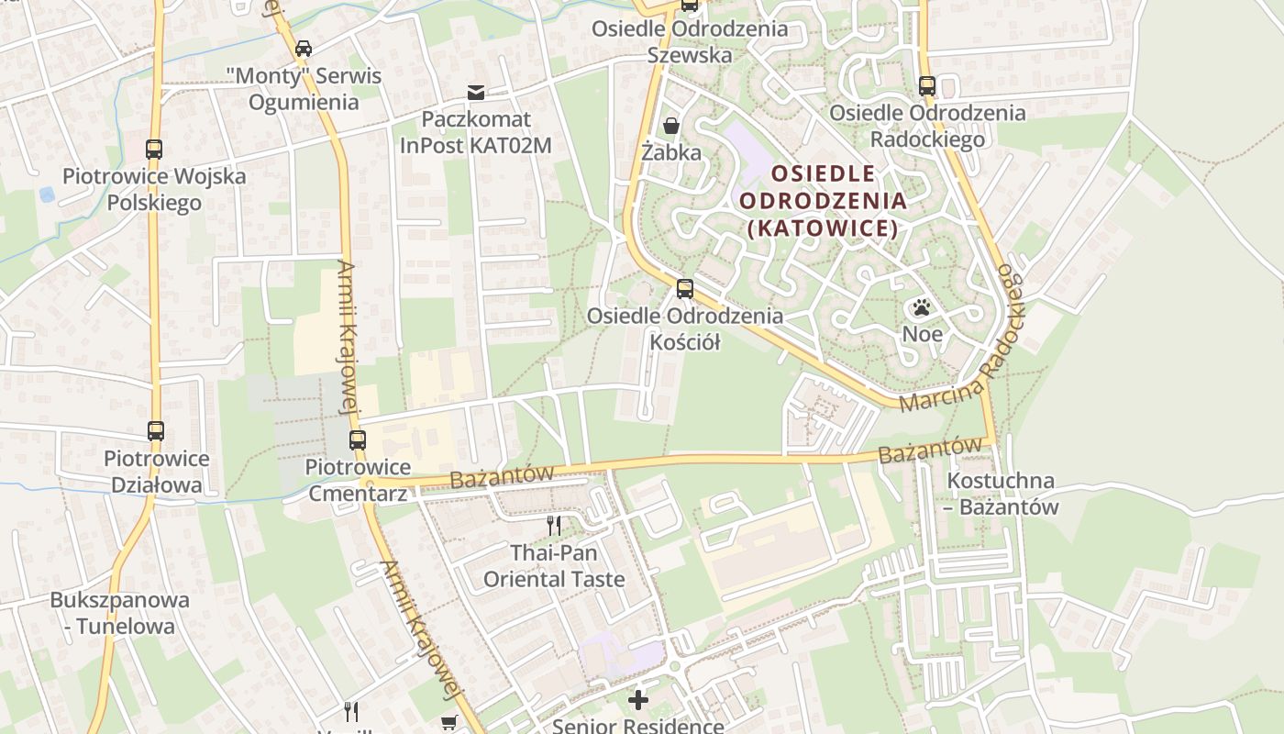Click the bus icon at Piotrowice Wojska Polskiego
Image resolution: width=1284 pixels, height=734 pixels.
(x=154, y=149)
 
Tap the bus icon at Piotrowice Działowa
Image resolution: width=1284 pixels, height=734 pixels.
(x=156, y=430)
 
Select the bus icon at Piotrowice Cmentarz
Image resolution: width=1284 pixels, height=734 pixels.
(x=358, y=439)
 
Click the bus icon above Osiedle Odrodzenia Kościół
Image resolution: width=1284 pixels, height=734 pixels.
(x=684, y=289)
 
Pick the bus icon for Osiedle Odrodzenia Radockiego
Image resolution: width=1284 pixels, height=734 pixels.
(x=927, y=86)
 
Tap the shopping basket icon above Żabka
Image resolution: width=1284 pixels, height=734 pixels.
(x=671, y=126)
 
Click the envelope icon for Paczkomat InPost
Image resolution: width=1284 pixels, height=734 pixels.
(x=476, y=92)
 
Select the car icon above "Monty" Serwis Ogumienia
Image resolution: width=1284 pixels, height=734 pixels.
(x=303, y=48)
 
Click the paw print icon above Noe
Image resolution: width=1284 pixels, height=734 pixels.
(x=922, y=307)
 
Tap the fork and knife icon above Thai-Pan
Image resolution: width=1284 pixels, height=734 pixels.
(x=554, y=525)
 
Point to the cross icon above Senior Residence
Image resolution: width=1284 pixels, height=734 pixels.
(x=637, y=700)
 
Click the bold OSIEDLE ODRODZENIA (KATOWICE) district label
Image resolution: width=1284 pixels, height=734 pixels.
(x=823, y=201)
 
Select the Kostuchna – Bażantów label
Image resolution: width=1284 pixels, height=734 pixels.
(x=1002, y=494)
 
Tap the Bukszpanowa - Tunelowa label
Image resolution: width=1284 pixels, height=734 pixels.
(x=120, y=614)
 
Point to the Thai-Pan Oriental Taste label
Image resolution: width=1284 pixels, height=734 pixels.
(x=554, y=566)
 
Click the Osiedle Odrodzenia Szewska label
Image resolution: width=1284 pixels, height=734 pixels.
(x=690, y=41)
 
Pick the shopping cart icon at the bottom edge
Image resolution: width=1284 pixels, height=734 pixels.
(x=448, y=723)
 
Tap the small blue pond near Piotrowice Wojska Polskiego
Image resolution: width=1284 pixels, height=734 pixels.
(x=47, y=195)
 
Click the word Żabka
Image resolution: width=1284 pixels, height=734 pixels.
(x=671, y=152)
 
